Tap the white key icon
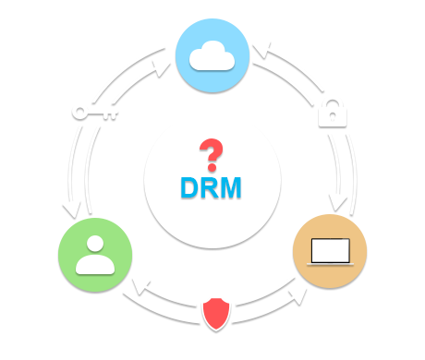click(95, 112)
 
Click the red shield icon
click(216, 315)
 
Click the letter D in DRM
click(189, 188)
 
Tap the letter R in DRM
click(210, 188)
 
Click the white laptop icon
click(330, 251)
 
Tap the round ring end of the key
click(80, 112)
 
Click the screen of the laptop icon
click(330, 248)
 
